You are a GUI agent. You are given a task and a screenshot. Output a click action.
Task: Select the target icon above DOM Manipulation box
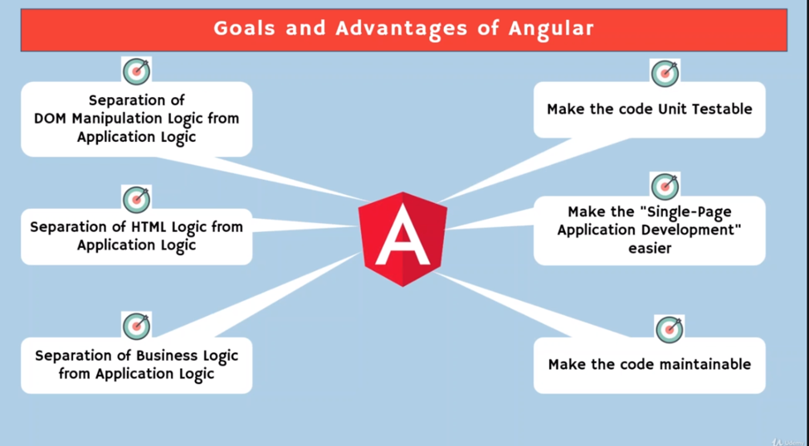[x=137, y=71]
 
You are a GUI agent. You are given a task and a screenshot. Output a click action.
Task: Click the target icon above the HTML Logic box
[x=137, y=199]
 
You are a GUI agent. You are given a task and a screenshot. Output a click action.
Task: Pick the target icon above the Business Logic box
[x=137, y=327]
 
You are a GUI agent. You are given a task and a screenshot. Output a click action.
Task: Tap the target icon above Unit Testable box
[x=665, y=74]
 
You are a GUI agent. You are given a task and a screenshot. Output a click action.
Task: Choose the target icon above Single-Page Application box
[x=665, y=187]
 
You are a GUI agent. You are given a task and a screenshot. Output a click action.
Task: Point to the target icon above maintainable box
[x=669, y=329]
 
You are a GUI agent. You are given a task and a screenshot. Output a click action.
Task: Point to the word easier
[x=649, y=248]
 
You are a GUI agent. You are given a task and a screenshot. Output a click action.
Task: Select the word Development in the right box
[x=690, y=230]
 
